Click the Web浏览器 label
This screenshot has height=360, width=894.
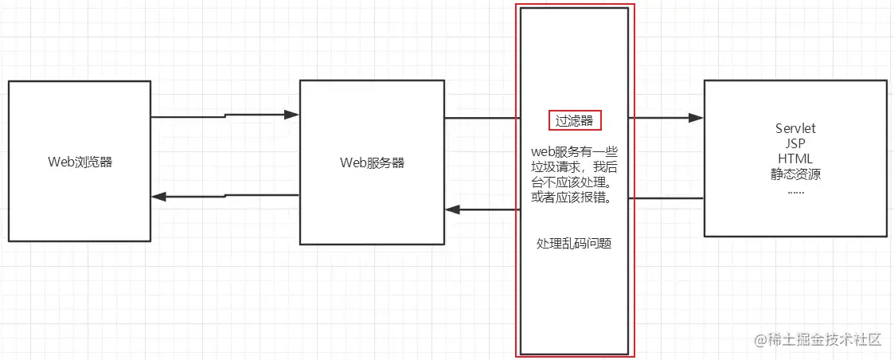[x=80, y=162]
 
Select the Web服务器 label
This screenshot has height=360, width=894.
[x=372, y=162]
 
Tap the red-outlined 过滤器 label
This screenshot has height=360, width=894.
[x=574, y=120]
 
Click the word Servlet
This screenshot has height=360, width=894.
[x=795, y=128]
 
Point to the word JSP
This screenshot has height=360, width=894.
[x=795, y=143]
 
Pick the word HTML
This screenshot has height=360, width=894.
[x=795, y=158]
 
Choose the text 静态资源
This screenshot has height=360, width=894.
[x=795, y=174]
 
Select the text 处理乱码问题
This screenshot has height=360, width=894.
[x=574, y=243]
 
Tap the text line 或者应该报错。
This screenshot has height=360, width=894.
[x=574, y=198]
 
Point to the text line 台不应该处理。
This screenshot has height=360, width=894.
[x=574, y=182]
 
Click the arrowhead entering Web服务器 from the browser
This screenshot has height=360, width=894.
[x=292, y=115]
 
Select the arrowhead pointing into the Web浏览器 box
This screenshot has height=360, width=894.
[x=158, y=197]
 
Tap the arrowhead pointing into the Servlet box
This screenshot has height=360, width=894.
[x=697, y=118]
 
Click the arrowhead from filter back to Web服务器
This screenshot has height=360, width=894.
[x=452, y=209]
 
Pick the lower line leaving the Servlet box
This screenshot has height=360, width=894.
[x=667, y=198]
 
